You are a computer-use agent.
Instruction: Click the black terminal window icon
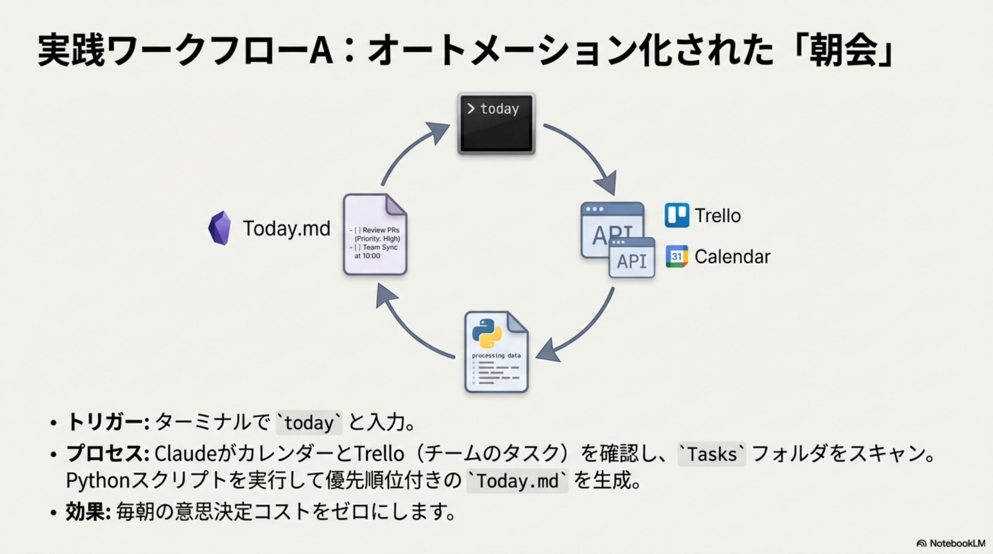click(x=496, y=123)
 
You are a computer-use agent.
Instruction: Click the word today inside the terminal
click(x=500, y=109)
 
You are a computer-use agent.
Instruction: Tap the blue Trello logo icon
click(x=677, y=215)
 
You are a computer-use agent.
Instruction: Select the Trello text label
click(x=717, y=215)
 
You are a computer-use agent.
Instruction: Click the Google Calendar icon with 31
click(x=677, y=256)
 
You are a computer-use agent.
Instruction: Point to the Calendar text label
click(x=732, y=256)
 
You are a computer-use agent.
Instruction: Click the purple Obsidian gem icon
click(x=220, y=228)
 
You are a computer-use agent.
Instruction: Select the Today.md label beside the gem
click(x=286, y=228)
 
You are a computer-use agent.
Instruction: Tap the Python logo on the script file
click(x=487, y=333)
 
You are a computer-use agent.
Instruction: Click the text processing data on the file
click(x=496, y=356)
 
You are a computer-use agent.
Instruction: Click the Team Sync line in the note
click(x=380, y=247)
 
